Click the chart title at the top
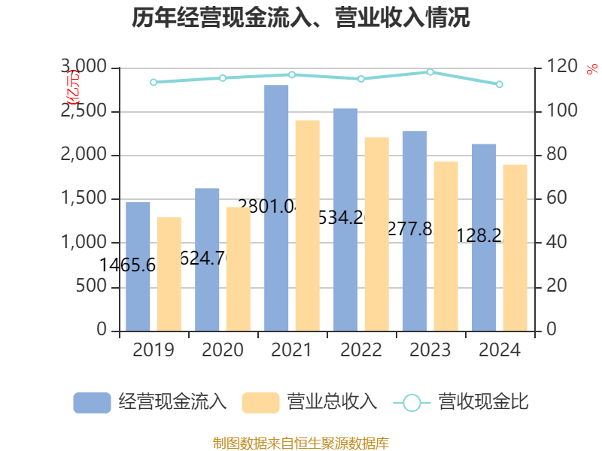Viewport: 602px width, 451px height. [301, 18]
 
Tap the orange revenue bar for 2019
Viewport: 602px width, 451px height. [169, 274]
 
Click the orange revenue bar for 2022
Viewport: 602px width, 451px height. [377, 234]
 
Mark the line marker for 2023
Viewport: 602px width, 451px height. [430, 72]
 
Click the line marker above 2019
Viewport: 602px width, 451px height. [154, 82]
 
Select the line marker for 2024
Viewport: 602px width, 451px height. [500, 84]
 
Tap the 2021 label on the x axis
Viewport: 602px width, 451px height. [292, 350]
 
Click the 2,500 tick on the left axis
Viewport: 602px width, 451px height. [87, 112]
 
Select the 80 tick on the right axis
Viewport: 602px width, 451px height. [556, 156]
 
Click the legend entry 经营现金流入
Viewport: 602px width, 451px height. [150, 402]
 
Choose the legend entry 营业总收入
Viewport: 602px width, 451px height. [309, 402]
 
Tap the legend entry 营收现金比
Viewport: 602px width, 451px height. [461, 402]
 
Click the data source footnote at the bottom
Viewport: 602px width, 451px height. [301, 443]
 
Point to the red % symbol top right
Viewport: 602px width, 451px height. [591, 69]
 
